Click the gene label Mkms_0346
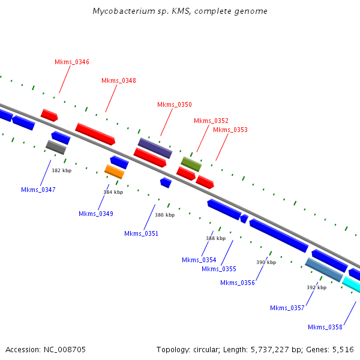(72, 62)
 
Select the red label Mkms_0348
(119, 80)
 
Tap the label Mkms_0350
(175, 104)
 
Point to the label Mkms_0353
(230, 130)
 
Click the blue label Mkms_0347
(38, 190)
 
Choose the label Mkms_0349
(96, 214)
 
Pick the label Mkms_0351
(142, 233)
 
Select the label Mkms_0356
(238, 283)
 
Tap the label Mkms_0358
(325, 327)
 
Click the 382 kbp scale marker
(61, 171)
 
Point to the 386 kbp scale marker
(164, 215)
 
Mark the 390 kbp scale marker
(266, 262)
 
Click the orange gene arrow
(114, 172)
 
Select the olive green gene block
(191, 163)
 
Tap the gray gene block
(56, 147)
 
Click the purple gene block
(155, 148)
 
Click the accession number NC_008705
(65, 349)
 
